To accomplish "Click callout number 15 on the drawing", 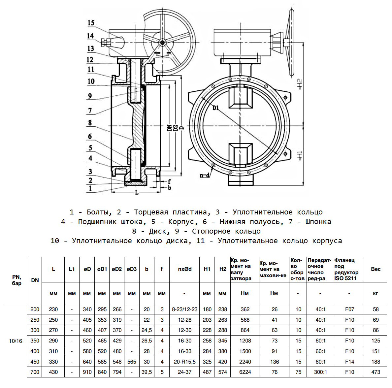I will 91,23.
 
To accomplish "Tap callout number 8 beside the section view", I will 90,123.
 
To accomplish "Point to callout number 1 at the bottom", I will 90,188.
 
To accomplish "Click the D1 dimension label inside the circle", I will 215,108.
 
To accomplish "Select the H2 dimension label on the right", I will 299,84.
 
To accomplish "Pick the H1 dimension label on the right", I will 299,155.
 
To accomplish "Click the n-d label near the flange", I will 205,175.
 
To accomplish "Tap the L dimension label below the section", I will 137,192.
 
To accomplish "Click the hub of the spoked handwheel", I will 162,42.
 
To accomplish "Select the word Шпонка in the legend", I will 317,222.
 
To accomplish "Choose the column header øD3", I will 131,269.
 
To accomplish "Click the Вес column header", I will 376,269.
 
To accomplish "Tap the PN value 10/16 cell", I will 16,341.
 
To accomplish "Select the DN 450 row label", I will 35,362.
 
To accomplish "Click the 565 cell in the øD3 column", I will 132,362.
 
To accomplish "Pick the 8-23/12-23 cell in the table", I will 185,309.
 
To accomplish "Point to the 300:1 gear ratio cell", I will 320,372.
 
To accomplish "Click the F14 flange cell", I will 349,362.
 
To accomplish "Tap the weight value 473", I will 376,372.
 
